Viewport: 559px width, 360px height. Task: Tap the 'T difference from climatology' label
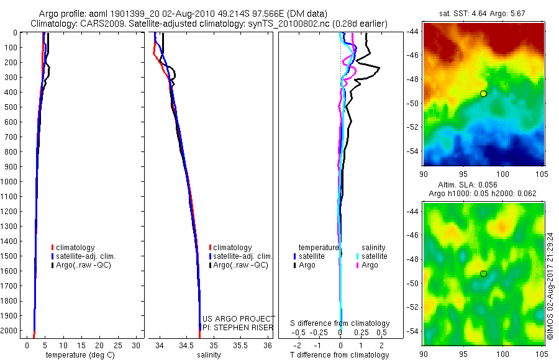click(340, 355)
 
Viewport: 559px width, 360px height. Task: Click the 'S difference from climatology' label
click(340, 323)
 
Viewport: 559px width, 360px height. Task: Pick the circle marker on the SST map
click(483, 93)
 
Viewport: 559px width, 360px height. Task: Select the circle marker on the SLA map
click(483, 273)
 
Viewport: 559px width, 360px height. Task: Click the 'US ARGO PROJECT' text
click(239, 319)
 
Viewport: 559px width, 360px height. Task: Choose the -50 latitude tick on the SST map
click(416, 103)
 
